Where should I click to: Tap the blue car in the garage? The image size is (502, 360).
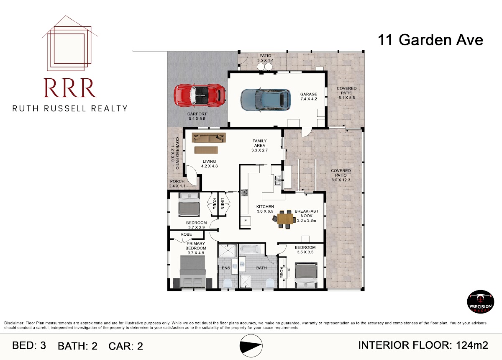[x=266, y=100]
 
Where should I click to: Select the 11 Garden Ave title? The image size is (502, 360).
[x=430, y=40]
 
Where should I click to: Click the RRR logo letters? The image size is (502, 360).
[x=70, y=88]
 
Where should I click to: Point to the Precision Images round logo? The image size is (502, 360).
[x=480, y=301]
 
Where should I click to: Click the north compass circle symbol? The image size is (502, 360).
[x=251, y=346]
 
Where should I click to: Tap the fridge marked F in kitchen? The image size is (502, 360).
[x=246, y=221]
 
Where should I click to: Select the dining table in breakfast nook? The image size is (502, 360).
[x=285, y=219]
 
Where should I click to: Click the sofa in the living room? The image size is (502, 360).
[x=209, y=137]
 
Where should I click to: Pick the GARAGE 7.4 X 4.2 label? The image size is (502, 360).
[x=309, y=96]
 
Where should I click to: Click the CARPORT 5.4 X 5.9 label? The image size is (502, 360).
[x=197, y=116]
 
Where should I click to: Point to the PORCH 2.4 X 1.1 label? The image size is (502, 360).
[x=177, y=183]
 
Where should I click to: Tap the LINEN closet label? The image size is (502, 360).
[x=223, y=203]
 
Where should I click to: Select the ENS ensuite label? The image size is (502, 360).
[x=226, y=268]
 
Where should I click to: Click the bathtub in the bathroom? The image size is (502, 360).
[x=250, y=249]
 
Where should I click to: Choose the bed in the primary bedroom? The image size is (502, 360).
[x=193, y=272]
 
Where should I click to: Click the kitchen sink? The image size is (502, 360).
[x=278, y=180]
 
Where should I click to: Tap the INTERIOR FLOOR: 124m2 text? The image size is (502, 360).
[x=423, y=345]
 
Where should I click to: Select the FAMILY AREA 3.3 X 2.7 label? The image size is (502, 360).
[x=259, y=146]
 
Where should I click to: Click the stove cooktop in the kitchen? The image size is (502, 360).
[x=244, y=193]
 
